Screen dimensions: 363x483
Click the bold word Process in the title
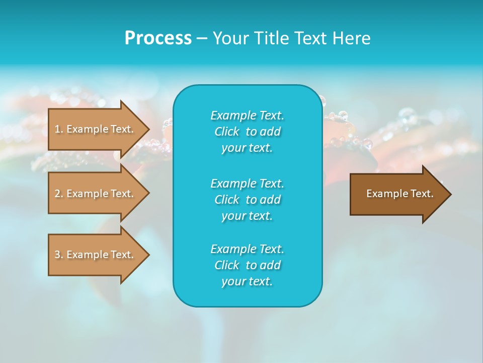(158, 38)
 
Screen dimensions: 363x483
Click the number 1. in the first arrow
(59, 129)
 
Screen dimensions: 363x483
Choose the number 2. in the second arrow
(59, 194)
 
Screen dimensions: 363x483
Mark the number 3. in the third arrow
(59, 255)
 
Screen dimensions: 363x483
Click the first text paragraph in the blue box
(248, 132)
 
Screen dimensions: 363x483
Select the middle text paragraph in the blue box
(248, 199)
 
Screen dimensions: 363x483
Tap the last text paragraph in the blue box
(248, 265)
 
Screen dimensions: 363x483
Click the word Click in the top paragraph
(227, 132)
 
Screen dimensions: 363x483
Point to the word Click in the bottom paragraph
(227, 265)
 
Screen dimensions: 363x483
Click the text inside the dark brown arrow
(399, 194)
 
